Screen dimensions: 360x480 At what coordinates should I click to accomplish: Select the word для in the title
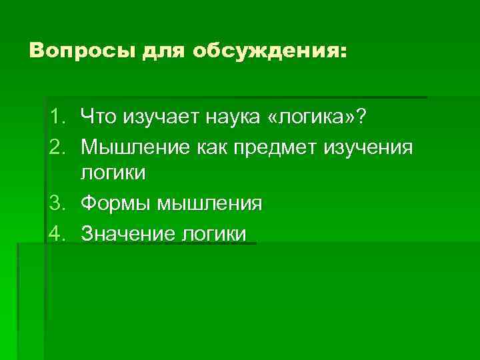coord(163,51)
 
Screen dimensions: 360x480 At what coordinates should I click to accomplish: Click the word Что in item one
coord(97,117)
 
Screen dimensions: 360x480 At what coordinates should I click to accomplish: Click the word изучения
coord(371,147)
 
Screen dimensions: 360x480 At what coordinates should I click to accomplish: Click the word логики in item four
coord(213,233)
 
